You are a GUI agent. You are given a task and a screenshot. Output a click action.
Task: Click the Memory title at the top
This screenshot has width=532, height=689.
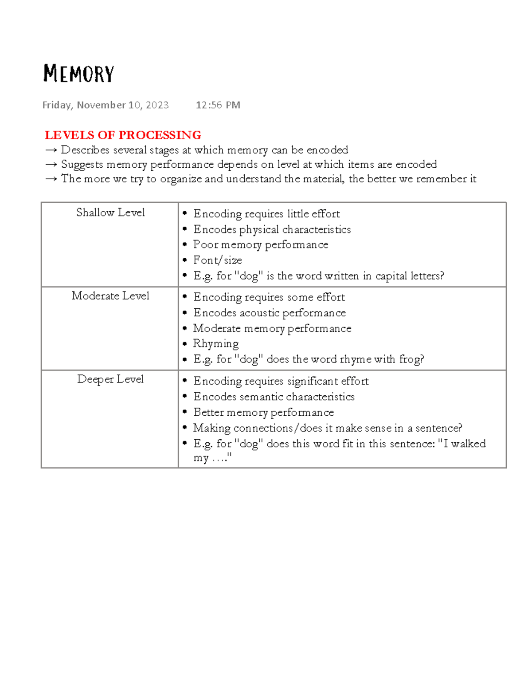[78, 74]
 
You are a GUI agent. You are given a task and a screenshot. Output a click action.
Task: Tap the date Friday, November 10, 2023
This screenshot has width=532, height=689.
[106, 105]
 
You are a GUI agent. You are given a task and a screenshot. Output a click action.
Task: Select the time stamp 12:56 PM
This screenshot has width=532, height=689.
[218, 105]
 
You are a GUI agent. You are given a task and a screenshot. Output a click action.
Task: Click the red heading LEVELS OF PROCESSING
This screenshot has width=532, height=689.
[123, 135]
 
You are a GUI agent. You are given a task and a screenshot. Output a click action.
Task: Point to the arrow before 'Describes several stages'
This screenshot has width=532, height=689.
[51, 150]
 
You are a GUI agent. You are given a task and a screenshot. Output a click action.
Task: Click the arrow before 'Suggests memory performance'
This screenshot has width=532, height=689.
[51, 165]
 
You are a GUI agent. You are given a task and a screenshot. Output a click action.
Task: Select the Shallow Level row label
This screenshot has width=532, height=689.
[110, 213]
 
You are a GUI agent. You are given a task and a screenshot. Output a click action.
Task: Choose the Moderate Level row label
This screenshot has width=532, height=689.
[110, 296]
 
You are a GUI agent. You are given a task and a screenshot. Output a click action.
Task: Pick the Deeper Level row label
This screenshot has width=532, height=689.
[110, 379]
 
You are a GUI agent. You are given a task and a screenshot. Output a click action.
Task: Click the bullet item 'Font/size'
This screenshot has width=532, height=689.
[217, 260]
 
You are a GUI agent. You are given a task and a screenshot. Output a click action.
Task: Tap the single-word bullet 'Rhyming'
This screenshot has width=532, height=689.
[216, 344]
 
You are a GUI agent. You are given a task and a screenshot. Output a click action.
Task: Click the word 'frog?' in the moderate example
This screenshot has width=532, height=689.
[411, 359]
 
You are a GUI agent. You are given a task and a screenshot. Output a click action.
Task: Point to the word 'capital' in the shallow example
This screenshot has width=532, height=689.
[391, 276]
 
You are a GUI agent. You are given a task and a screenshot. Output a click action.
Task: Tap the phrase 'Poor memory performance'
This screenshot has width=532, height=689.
[261, 245]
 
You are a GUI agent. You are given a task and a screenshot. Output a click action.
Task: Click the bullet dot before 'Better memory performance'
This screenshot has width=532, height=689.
[185, 412]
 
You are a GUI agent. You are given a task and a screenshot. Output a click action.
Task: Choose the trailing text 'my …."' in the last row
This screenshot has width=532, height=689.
[212, 458]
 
